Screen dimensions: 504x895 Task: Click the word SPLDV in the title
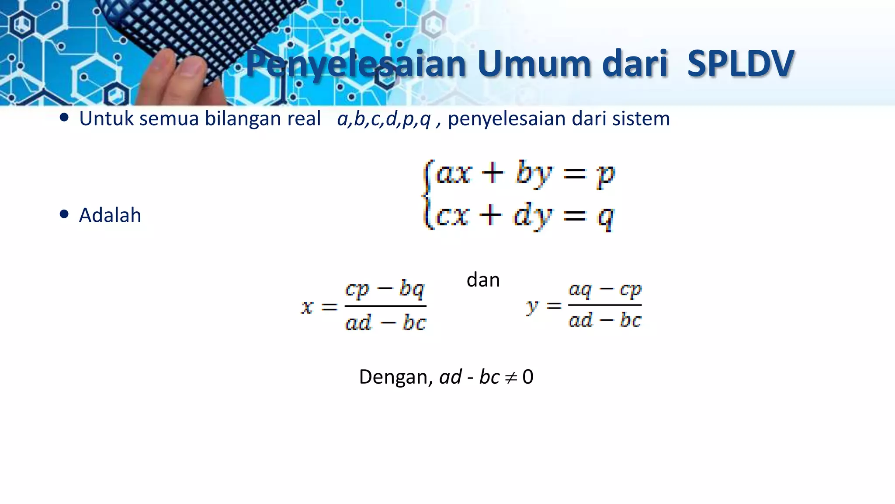pos(740,64)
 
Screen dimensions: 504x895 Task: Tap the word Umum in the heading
pos(534,64)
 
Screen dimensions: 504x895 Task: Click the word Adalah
pos(110,215)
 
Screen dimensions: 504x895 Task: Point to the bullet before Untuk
pos(64,118)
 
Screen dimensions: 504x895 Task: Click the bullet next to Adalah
pos(64,214)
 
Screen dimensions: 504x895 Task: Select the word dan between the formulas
pos(483,280)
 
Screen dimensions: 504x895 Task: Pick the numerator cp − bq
pos(385,290)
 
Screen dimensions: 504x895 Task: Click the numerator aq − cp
pos(605,290)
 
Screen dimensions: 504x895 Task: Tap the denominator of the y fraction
pos(605,320)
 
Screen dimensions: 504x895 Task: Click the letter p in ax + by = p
pos(606,175)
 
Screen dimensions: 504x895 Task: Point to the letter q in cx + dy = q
pos(606,217)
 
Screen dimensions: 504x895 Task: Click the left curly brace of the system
pos(428,195)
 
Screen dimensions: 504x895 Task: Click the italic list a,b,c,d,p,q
pos(384,119)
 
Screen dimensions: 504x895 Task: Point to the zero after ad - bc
pos(528,377)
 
